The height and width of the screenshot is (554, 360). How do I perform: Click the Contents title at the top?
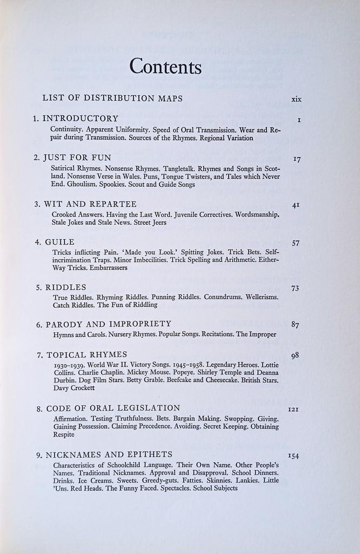(x=165, y=67)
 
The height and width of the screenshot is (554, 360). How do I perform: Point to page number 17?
(x=296, y=159)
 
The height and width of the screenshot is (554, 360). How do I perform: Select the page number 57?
(x=296, y=243)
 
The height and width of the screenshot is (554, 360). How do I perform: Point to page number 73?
(x=295, y=288)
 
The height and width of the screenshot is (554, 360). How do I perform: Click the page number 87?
(x=295, y=325)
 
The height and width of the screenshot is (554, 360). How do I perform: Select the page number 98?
(x=295, y=355)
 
